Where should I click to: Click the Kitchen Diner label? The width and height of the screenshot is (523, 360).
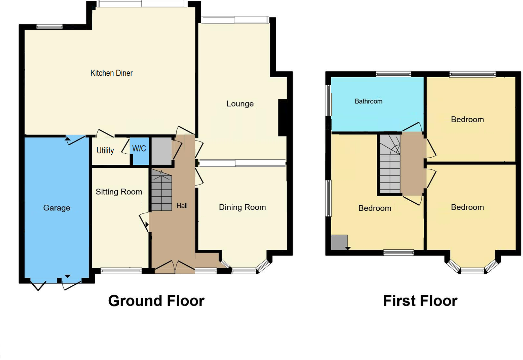(111, 73)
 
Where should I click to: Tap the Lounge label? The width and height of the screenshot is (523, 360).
(240, 104)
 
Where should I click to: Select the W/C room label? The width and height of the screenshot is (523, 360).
(139, 149)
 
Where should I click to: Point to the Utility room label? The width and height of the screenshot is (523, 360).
(105, 150)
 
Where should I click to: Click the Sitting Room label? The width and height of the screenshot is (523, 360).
(119, 192)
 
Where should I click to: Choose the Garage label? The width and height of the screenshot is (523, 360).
(57, 208)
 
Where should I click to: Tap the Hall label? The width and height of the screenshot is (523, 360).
(182, 206)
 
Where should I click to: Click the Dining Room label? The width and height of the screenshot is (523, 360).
(242, 207)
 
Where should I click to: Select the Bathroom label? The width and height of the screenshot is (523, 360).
(368, 101)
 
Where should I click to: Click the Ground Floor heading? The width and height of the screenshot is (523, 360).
(156, 301)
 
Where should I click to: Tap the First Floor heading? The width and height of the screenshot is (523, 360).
(420, 301)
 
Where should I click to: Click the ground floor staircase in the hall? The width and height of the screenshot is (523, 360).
(161, 191)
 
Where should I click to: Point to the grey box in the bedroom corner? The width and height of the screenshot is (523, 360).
(339, 242)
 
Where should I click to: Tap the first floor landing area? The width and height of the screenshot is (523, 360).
(412, 164)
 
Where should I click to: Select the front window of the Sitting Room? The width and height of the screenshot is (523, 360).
(121, 270)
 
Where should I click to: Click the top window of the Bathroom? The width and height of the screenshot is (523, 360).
(393, 74)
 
